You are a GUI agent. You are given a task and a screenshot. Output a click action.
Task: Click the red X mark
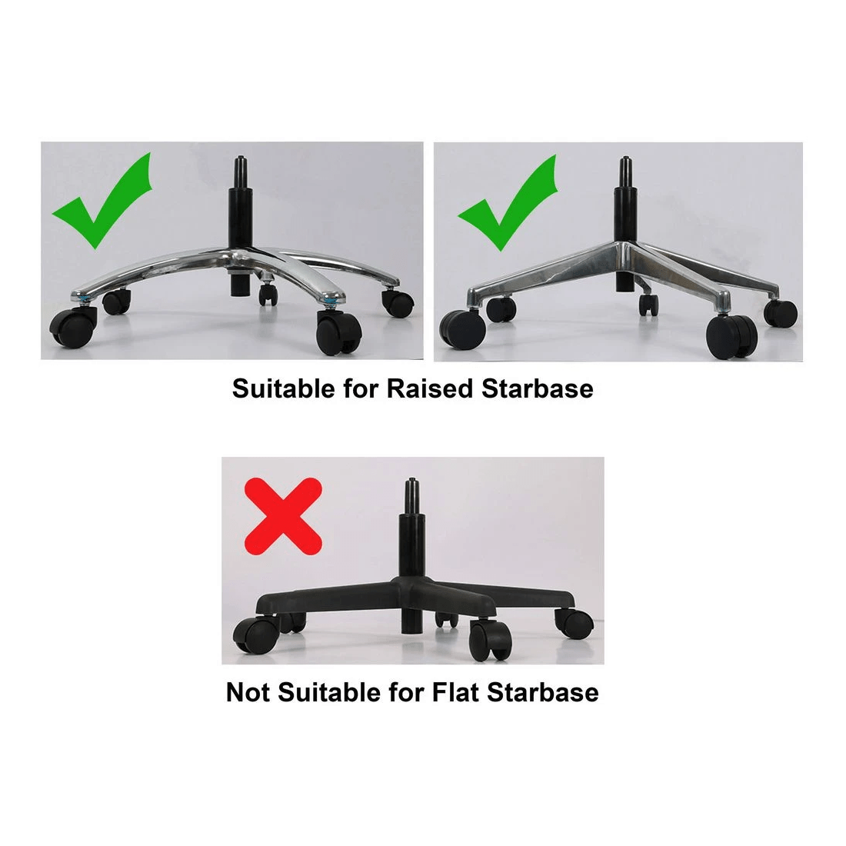(x=282, y=513)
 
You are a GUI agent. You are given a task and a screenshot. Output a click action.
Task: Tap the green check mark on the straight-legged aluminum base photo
(x=509, y=205)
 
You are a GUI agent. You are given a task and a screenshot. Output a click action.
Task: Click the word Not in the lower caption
(x=247, y=692)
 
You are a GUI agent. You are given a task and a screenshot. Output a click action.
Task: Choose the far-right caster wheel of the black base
(x=569, y=622)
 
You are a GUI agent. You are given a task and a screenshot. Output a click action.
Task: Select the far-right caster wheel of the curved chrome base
(x=398, y=303)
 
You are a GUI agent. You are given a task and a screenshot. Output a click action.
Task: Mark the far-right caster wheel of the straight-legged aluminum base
(x=781, y=314)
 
